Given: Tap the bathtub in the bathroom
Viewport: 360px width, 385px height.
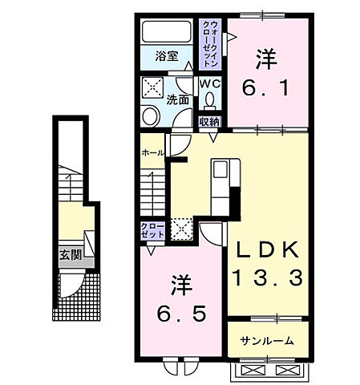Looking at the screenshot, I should pyautogui.click(x=167, y=32).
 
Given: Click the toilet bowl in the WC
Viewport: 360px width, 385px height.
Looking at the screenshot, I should pyautogui.click(x=210, y=101).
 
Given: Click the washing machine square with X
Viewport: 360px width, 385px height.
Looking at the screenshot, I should pyautogui.click(x=152, y=87).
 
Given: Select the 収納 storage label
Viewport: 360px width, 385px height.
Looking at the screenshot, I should pyautogui.click(x=208, y=122).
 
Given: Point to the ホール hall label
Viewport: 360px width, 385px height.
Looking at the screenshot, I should pyautogui.click(x=152, y=152).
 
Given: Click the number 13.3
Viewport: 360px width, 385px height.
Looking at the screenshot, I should pyautogui.click(x=268, y=278).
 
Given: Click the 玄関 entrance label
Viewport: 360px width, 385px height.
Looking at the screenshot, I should pyautogui.click(x=70, y=256).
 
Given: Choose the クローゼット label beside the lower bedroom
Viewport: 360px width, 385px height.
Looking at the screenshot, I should pyautogui.click(x=152, y=231).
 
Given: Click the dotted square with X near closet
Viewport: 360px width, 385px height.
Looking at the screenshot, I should pyautogui.click(x=180, y=230).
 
